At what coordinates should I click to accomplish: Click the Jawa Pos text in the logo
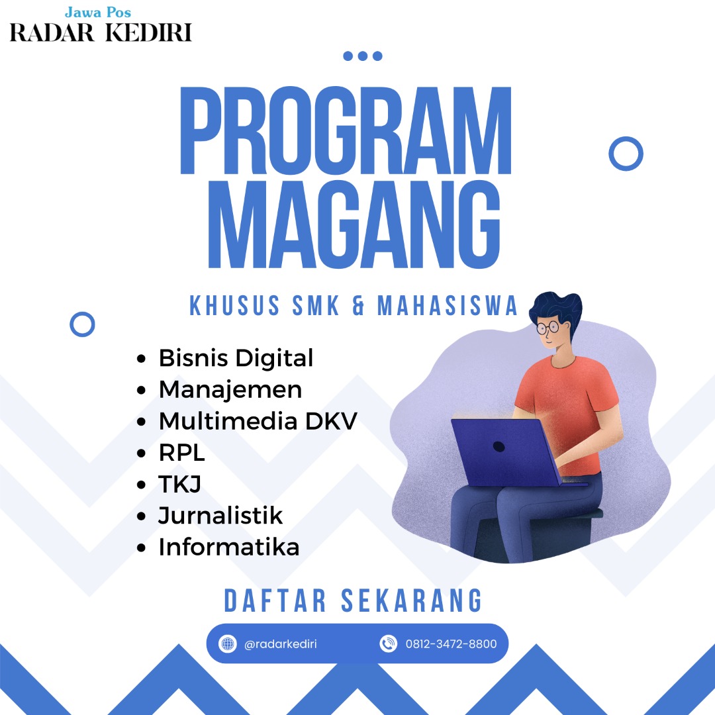98,13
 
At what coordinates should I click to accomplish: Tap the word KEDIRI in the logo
149,33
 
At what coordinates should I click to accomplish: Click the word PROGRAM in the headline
346,130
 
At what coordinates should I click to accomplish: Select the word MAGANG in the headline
354,224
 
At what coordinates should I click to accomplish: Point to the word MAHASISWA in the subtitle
448,305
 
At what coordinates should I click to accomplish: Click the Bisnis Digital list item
236,358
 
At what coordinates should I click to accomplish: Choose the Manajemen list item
230,390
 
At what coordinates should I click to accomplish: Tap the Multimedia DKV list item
258,421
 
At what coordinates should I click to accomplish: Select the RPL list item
181,453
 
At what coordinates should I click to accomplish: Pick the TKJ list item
179,484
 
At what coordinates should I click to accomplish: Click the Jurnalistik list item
220,516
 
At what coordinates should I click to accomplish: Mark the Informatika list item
229,548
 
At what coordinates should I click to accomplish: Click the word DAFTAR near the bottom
275,600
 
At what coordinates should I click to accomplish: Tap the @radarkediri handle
281,644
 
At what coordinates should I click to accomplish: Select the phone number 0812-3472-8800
451,644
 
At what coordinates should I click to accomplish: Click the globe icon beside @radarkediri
228,644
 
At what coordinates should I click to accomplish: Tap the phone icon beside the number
389,644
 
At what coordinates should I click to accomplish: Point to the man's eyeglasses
548,328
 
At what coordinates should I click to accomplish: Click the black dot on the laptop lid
499,447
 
